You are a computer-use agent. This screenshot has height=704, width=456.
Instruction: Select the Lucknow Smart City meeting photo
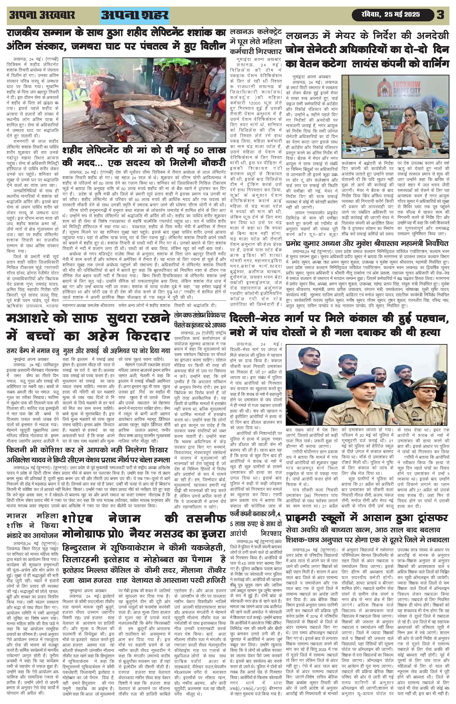395,117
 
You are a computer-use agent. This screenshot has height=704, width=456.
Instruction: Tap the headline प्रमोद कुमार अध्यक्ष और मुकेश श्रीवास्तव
367,244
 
